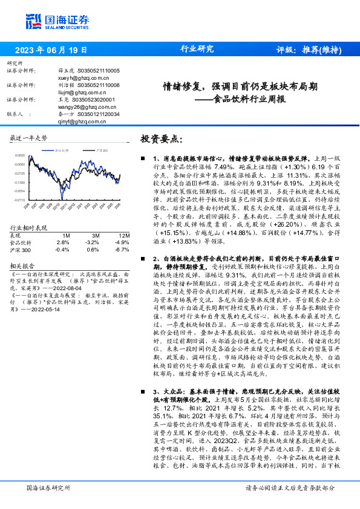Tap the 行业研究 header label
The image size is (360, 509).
(x=197, y=50)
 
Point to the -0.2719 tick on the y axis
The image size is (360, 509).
(x=19, y=199)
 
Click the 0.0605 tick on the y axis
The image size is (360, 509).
(x=19, y=155)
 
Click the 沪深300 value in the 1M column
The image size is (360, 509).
(x=61, y=232)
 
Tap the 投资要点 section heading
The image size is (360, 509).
(x=160, y=139)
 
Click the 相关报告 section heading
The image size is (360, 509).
(x=24, y=248)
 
